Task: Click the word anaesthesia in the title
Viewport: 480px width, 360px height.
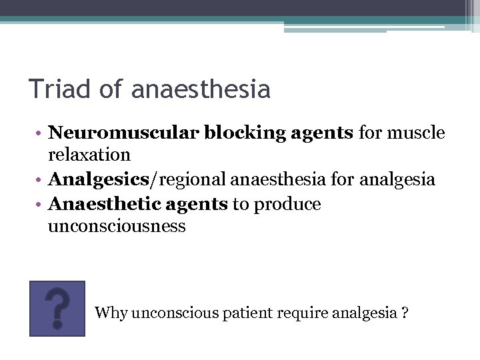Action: coord(201,89)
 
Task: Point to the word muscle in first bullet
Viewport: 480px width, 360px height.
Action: coord(417,133)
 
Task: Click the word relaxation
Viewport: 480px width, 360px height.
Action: coord(89,155)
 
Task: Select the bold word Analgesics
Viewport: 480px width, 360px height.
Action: coord(95,179)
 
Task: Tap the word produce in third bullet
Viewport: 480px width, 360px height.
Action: coord(287,204)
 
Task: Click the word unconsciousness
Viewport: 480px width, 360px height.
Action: coord(117,226)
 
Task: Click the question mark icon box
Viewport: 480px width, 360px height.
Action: coord(57,308)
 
